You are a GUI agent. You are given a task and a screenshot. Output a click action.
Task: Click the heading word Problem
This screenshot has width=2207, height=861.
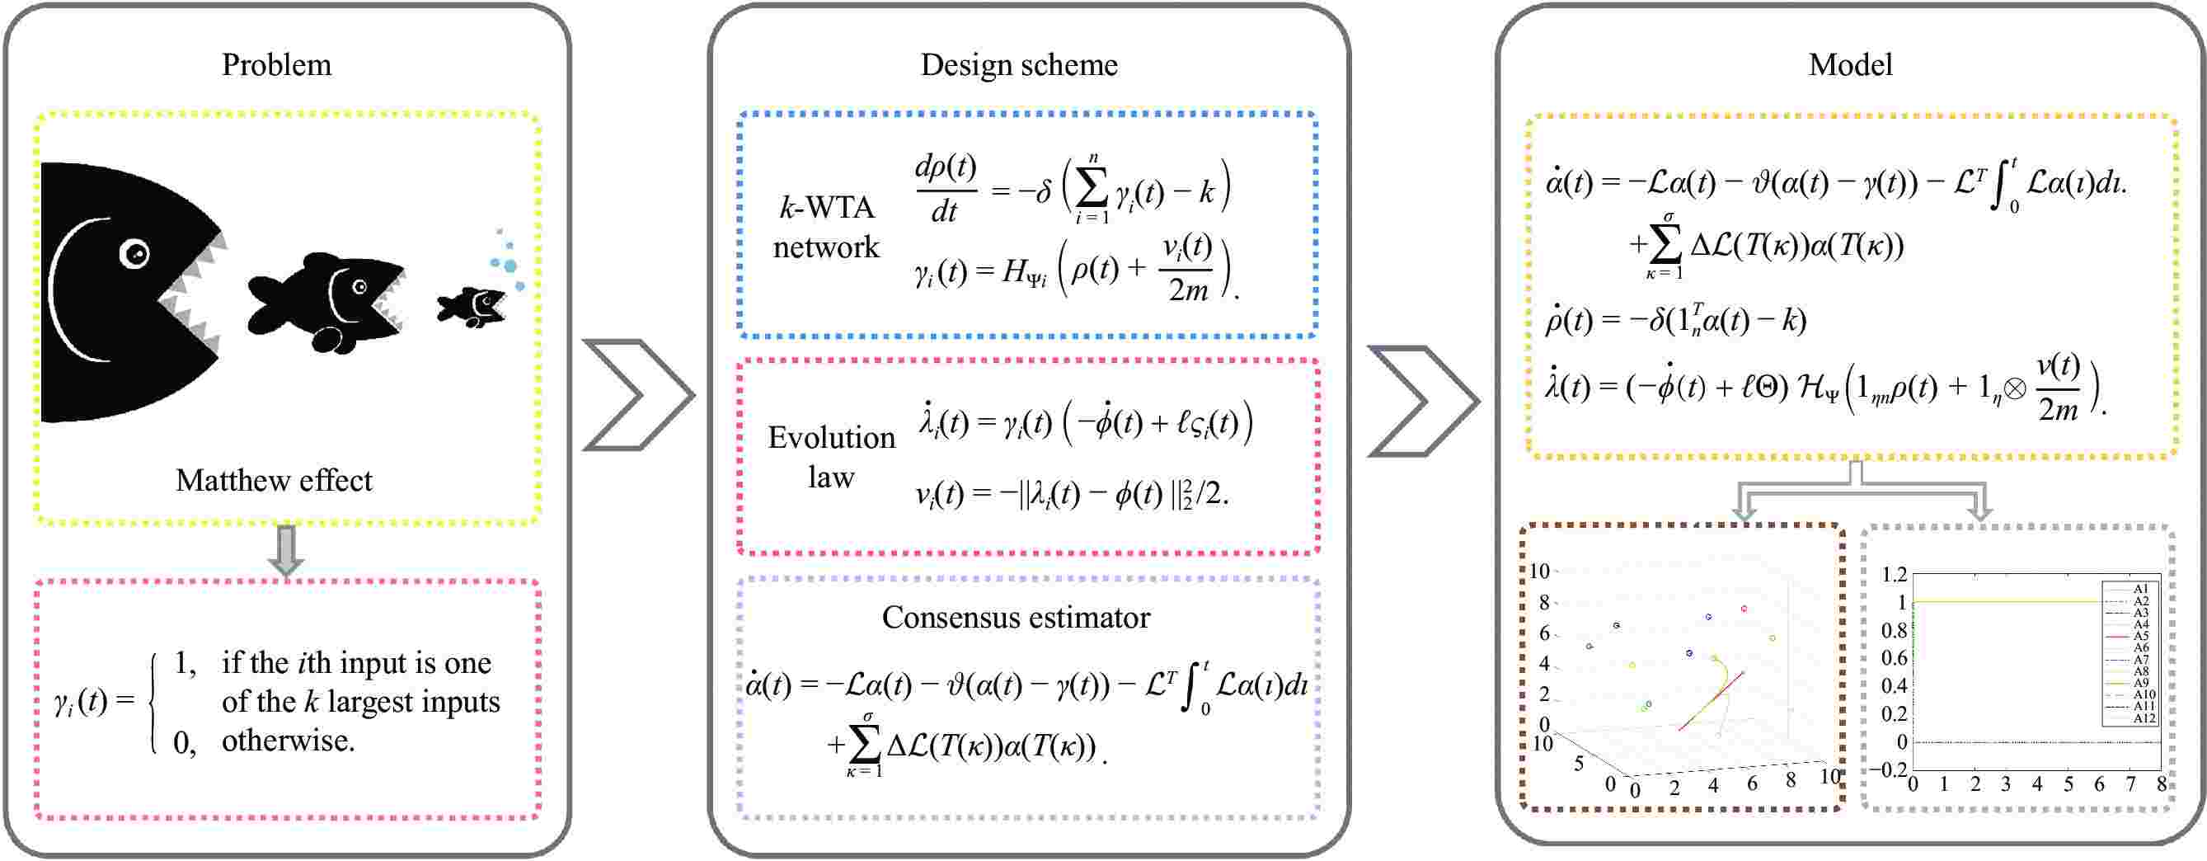pos(276,65)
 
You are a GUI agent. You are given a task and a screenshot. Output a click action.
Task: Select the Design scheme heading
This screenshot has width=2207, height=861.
pos(1019,65)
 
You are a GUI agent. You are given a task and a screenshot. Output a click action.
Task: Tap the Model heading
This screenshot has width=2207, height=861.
pos(1850,65)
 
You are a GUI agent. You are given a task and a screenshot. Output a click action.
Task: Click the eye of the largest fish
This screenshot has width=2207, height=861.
pos(134,252)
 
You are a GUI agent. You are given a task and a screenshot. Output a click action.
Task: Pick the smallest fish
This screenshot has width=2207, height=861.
pos(472,306)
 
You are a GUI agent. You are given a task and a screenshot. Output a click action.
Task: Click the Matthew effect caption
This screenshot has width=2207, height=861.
pos(275,481)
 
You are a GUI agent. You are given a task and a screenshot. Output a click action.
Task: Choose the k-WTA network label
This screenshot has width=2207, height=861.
pos(826,227)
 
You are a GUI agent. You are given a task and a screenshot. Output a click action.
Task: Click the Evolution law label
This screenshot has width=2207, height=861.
pos(830,457)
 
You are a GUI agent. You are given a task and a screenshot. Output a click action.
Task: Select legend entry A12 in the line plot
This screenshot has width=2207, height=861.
pos(2144,718)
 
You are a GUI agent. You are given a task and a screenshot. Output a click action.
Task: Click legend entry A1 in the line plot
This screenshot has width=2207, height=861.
pos(2141,590)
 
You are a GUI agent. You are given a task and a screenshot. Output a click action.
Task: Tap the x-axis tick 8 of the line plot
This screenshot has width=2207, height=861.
pos(2162,784)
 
